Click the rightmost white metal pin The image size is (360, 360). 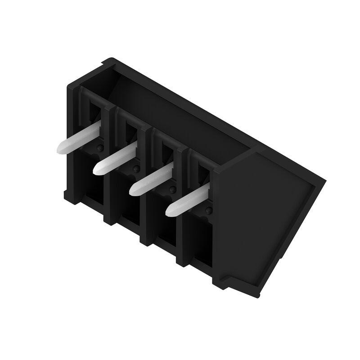click(189, 198)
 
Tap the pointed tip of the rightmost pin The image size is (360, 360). click(170, 210)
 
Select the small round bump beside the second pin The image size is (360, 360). click(135, 169)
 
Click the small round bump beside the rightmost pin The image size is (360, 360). click(208, 211)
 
